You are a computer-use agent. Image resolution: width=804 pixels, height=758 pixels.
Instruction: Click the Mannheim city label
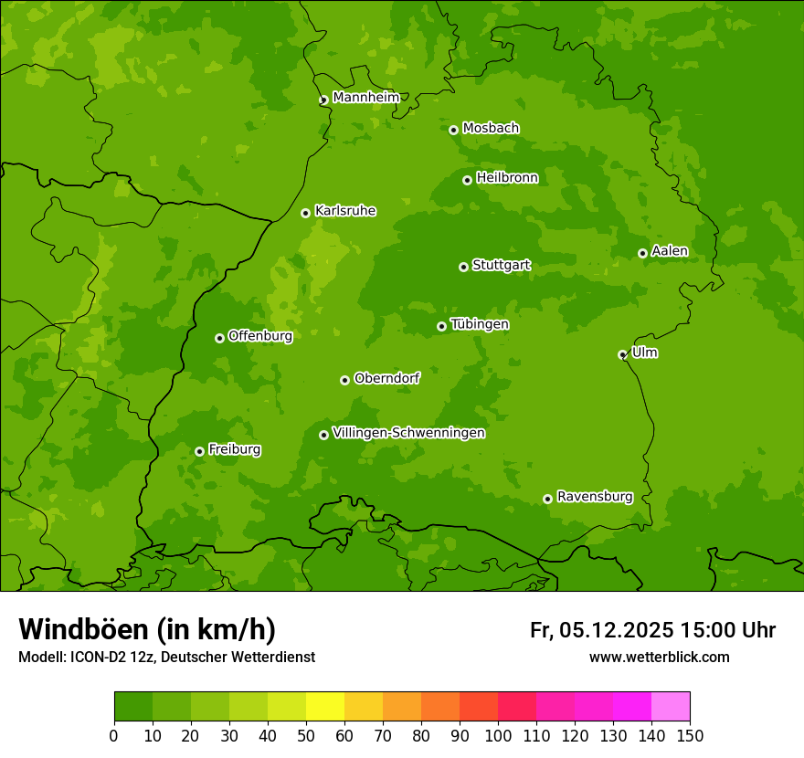pos(365,97)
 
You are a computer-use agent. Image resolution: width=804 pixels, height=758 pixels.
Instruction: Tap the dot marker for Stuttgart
pos(463,267)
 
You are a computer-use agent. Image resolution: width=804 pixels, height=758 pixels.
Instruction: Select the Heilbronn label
pos(507,177)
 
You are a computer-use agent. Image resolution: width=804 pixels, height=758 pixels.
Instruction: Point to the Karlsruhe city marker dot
pos(305,213)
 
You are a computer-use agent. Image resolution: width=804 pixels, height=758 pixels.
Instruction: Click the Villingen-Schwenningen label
pos(408,432)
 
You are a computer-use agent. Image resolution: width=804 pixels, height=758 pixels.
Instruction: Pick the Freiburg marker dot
pos(199,451)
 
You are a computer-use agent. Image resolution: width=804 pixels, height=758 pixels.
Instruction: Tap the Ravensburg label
pos(595,496)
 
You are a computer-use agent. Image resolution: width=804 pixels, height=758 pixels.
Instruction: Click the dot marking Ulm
pos(622,354)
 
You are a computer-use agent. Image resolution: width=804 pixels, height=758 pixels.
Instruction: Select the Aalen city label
pos(670,250)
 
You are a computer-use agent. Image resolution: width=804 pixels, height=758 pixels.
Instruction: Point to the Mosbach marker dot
pos(453,130)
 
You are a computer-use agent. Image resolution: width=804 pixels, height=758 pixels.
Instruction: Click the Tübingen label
pos(480,323)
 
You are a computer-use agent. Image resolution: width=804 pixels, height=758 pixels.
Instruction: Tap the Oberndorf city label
pos(386,377)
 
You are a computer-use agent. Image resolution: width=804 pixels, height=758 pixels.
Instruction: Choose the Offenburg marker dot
pos(219,338)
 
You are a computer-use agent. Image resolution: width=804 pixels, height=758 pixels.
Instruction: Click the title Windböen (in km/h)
pos(147,629)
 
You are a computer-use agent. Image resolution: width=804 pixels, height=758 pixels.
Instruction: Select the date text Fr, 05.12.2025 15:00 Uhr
pos(652,630)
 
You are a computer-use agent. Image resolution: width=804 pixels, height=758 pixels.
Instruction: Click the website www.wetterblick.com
pos(659,657)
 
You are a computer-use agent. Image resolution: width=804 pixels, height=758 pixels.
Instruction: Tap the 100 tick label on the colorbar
pos(498,735)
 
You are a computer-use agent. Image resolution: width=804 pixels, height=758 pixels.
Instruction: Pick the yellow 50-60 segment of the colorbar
pos(325,707)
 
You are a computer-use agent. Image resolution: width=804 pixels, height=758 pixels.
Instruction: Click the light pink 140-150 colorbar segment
pos(671,707)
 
